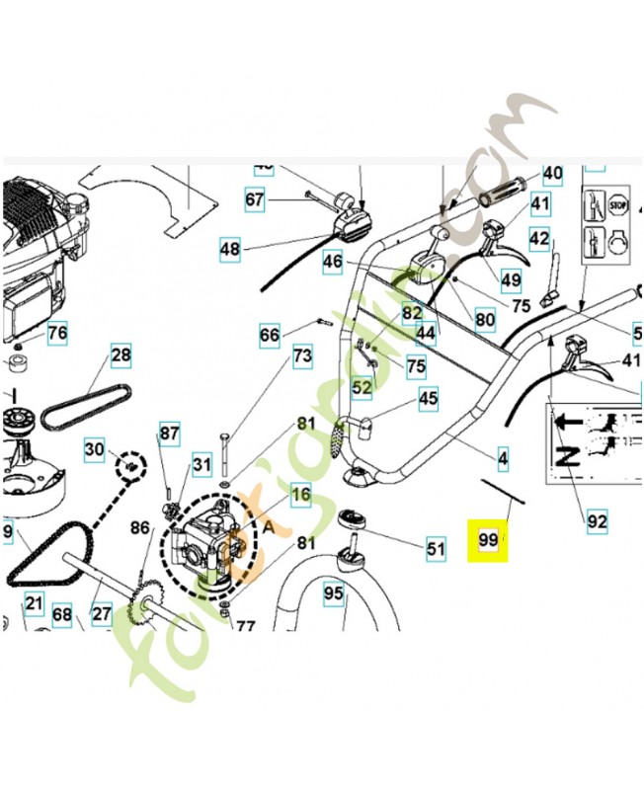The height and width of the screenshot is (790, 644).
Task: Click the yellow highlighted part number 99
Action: pos(488,540)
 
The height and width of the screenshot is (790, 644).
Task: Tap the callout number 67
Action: pos(256,200)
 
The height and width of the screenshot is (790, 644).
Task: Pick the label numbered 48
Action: pos(229,250)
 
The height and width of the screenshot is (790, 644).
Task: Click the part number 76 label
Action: pos(57,333)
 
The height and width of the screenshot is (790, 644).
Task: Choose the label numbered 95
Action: pos(333,593)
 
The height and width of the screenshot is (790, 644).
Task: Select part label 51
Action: pos(436,546)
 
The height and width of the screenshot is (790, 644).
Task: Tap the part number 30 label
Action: pos(94,450)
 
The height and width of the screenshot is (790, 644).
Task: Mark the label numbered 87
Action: pos(170,433)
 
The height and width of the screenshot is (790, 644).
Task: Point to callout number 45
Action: pos(428,399)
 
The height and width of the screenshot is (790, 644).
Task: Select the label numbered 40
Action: pos(553,174)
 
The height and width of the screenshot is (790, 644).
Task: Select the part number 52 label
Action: pos(362,387)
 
